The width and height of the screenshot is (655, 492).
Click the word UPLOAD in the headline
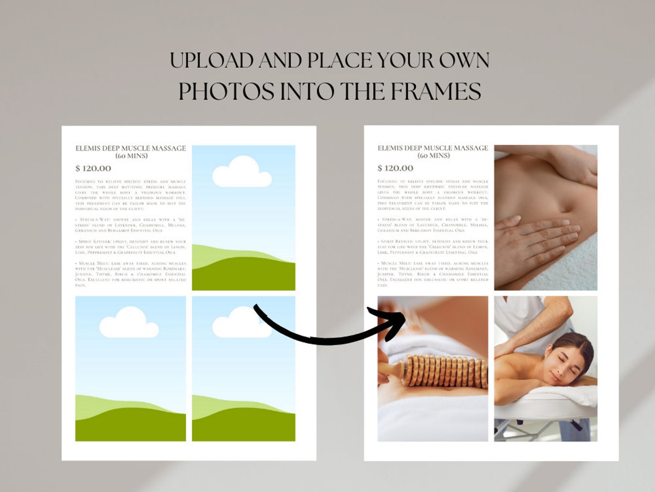point(211,61)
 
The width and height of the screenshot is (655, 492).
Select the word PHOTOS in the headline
point(226,91)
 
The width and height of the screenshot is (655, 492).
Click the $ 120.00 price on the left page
point(93,168)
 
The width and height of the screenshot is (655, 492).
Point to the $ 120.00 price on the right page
point(395,168)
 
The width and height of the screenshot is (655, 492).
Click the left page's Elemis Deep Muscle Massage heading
point(130,152)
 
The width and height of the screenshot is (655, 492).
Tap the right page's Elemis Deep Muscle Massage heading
point(433,151)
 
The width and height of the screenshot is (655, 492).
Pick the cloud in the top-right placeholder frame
point(241,172)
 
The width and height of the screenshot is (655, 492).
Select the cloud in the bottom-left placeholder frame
point(129,323)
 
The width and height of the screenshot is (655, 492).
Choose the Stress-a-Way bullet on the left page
point(130,225)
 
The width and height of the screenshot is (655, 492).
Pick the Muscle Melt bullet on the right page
point(433,274)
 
